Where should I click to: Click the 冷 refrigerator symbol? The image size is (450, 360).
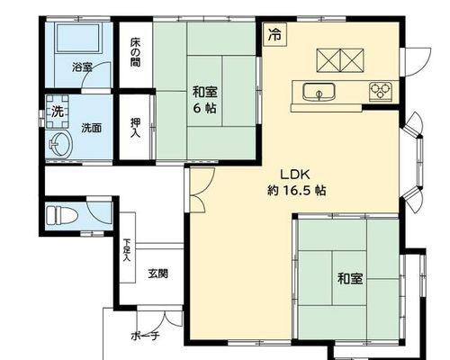pos(275,34)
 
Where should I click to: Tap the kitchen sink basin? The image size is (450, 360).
pos(319,92)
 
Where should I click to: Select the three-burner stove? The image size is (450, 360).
pos(381,91)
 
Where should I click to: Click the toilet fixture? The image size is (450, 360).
pos(62,215)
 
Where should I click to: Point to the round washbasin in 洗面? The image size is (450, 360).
pos(60,145)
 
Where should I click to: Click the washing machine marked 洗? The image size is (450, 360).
pos(58,112)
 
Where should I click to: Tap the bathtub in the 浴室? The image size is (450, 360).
pos(77,38)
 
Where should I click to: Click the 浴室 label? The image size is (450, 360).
pos(82,67)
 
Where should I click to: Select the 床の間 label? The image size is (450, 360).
pos(135,52)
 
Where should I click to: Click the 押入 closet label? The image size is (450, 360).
pos(135,128)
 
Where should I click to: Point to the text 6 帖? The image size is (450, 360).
pos(204,108)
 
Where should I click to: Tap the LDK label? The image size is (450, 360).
pos(295,175)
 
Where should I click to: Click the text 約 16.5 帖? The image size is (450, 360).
pos(296,190)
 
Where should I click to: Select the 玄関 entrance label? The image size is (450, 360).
pos(157,274)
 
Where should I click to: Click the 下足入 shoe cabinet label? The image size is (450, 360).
pos(127,250)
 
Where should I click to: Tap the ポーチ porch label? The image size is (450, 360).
pos(145,336)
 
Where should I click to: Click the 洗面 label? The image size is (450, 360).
pos(92,129)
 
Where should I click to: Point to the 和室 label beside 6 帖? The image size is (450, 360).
pos(205,92)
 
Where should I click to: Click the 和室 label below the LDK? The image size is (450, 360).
pos(350,278)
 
